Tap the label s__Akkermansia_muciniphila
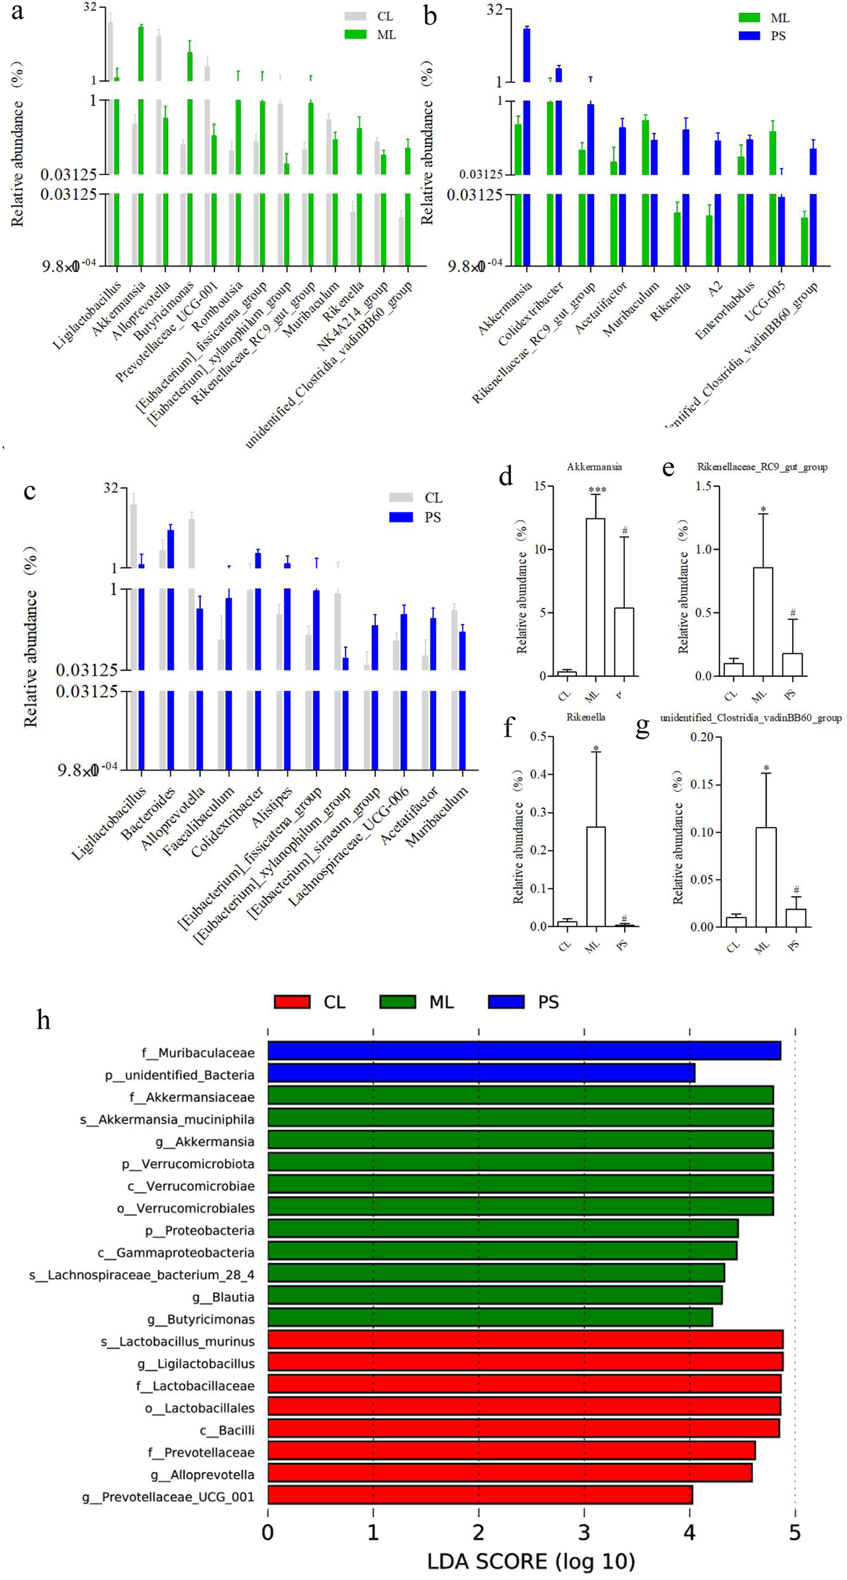click(x=167, y=1119)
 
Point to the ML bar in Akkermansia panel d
click(x=596, y=596)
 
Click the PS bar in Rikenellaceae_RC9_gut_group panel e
click(x=792, y=664)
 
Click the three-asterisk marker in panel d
click(x=597, y=490)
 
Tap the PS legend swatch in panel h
click(x=506, y=1002)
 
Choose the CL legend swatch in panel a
click(x=355, y=17)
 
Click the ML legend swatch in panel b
click(x=749, y=18)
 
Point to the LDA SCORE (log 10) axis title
click(x=531, y=1561)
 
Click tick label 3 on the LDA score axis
click(x=584, y=1532)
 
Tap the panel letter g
click(x=642, y=727)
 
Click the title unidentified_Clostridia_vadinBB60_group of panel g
click(x=750, y=718)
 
